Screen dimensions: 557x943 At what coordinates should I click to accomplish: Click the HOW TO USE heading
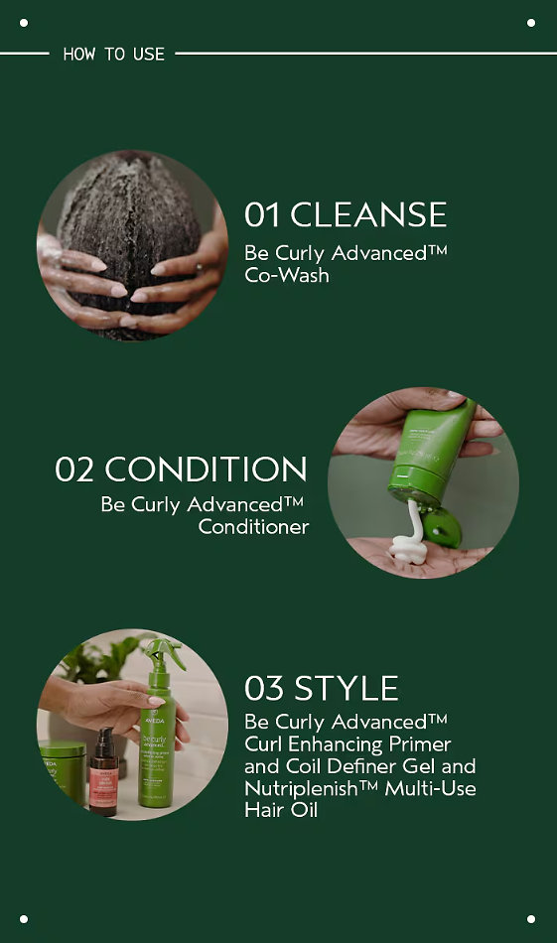pyautogui.click(x=114, y=55)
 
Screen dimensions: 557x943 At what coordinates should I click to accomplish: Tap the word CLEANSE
pyautogui.click(x=368, y=214)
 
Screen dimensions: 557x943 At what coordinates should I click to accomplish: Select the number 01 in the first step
pyautogui.click(x=262, y=214)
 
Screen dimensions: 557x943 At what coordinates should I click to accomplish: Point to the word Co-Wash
pyautogui.click(x=287, y=275)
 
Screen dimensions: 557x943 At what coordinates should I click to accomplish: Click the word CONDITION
pyautogui.click(x=206, y=470)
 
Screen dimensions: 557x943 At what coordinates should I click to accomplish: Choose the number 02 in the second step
pyautogui.click(x=74, y=470)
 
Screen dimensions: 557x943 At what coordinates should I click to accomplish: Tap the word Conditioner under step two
pyautogui.click(x=253, y=527)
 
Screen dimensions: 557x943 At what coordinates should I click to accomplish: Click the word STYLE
pyautogui.click(x=347, y=688)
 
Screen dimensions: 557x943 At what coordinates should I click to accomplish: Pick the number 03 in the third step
pyautogui.click(x=263, y=688)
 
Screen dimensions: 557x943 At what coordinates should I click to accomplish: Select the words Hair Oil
pyautogui.click(x=281, y=810)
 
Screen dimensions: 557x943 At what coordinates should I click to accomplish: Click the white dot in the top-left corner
pyautogui.click(x=24, y=23)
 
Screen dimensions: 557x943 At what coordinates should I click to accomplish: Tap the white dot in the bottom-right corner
pyautogui.click(x=531, y=919)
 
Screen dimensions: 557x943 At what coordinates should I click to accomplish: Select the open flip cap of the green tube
pyautogui.click(x=441, y=526)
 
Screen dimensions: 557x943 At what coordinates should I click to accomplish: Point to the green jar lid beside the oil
pyautogui.click(x=63, y=749)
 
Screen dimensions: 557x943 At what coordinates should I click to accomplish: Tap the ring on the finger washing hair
pyautogui.click(x=200, y=267)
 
